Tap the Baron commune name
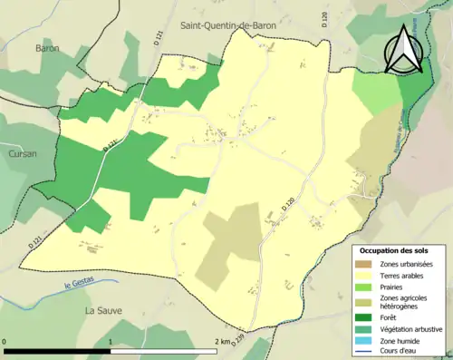pyautogui.click(x=48, y=46)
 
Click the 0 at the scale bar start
pyautogui.click(x=6, y=342)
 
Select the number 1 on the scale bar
pyautogui.click(x=111, y=342)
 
